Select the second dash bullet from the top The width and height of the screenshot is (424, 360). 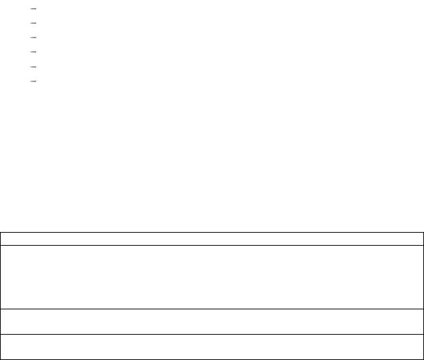(x=34, y=23)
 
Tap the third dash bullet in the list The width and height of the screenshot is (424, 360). (x=34, y=37)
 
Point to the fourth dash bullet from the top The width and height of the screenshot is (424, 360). (x=34, y=52)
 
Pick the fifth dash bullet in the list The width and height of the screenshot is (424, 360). (x=34, y=66)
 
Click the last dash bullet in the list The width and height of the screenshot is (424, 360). (x=34, y=81)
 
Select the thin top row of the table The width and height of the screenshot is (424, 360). (x=212, y=239)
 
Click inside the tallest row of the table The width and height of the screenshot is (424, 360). (x=212, y=277)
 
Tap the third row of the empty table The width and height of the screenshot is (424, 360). (x=212, y=321)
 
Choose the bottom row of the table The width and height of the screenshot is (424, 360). (x=212, y=346)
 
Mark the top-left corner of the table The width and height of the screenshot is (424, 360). (x=1, y=233)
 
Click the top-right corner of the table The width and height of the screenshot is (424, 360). (x=422, y=233)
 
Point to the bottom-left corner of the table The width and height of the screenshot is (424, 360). (x=1, y=359)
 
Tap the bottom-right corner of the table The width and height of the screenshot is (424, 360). (x=422, y=359)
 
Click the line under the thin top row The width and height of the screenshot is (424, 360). (x=212, y=245)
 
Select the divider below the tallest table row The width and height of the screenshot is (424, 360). (x=212, y=309)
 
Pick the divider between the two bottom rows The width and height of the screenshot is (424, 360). (x=212, y=334)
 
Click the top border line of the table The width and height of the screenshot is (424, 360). (x=212, y=233)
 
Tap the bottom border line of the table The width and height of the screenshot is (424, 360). (x=212, y=359)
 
